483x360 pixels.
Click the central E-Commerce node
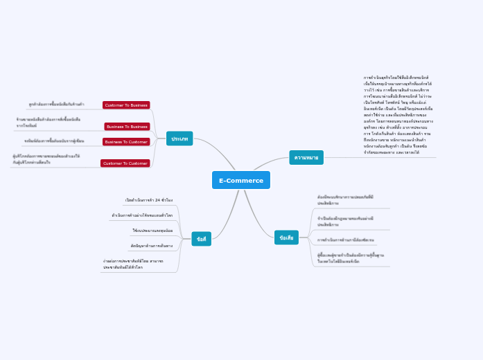coord(240,180)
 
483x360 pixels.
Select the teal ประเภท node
coord(179,138)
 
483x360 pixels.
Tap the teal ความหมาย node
coord(306,157)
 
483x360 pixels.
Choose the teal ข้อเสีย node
coord(286,237)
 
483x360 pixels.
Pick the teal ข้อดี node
coord(201,239)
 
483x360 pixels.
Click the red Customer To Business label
coord(126,105)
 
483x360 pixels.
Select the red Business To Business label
coord(127,127)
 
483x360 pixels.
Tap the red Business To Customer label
coord(126,142)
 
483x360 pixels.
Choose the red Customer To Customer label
coord(125,163)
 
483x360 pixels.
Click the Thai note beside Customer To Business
coord(57,105)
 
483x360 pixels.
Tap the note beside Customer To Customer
coord(46,159)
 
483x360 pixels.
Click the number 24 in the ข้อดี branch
coord(158,200)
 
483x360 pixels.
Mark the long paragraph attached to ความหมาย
coord(398,115)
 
